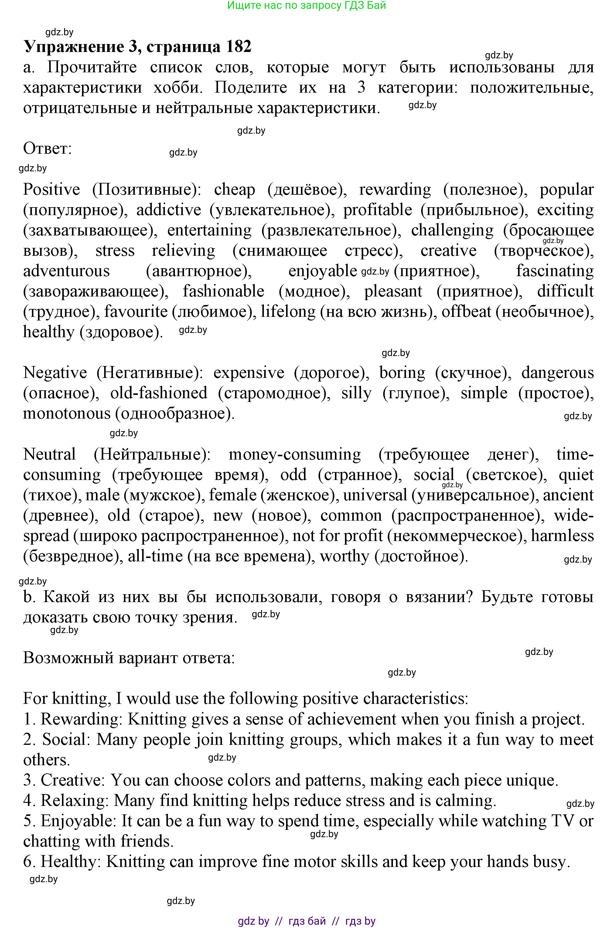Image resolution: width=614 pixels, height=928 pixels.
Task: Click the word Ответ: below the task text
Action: pyautogui.click(x=47, y=149)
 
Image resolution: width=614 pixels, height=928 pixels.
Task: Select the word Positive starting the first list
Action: pyautogui.click(x=51, y=190)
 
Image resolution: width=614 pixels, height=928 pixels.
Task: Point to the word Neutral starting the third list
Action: pyautogui.click(x=49, y=454)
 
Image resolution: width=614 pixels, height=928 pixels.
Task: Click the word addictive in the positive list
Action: pyautogui.click(x=169, y=210)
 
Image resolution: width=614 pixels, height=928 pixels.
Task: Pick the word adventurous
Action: pyautogui.click(x=66, y=271)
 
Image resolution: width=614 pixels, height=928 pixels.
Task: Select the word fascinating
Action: pyautogui.click(x=554, y=271)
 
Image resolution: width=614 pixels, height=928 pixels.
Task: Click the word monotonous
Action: pyautogui.click(x=67, y=414)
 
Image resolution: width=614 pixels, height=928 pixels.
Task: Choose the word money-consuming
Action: pyautogui.click(x=295, y=454)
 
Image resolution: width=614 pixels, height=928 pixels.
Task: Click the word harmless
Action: pyautogui.click(x=562, y=536)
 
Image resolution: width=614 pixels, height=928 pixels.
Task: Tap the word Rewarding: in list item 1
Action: pyautogui.click(x=82, y=719)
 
